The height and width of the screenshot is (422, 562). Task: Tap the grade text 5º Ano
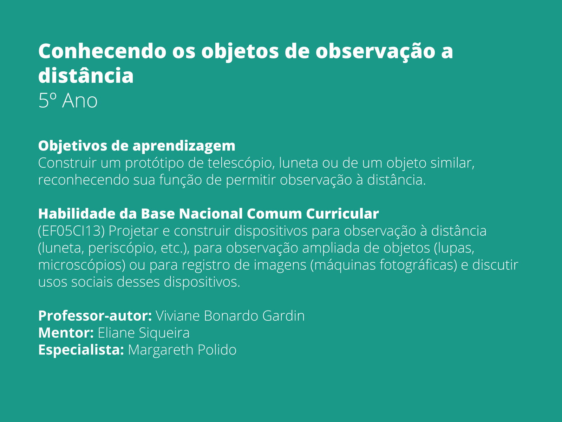pos(68,101)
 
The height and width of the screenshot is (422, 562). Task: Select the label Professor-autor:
pos(95,316)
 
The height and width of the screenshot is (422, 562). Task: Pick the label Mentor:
pos(66,333)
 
